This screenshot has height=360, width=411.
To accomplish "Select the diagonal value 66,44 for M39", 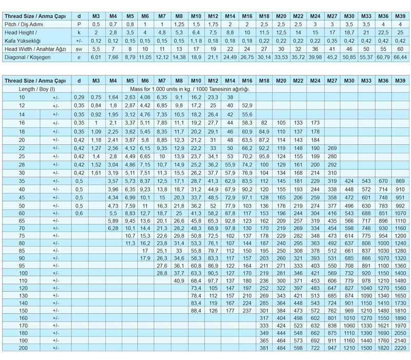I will [x=400, y=57].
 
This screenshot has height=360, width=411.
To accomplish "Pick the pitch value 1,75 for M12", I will [x=213, y=24].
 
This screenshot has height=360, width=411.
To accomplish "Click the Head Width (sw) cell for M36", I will [x=383, y=49].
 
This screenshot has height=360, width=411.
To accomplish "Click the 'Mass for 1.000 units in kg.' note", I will [x=189, y=89].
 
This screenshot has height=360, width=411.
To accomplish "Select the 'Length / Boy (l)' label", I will [x=36, y=89].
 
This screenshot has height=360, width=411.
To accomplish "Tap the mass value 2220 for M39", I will [x=400, y=348].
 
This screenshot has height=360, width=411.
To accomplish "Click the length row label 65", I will [x=22, y=220].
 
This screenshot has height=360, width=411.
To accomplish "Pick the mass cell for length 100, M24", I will [x=315, y=274].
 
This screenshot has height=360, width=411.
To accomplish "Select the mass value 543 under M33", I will [x=366, y=181].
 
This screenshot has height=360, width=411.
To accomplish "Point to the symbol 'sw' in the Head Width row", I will [x=79, y=49].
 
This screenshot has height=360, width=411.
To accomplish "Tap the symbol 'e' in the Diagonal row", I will [x=79, y=57].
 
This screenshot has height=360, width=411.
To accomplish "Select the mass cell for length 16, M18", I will [x=264, y=123].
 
